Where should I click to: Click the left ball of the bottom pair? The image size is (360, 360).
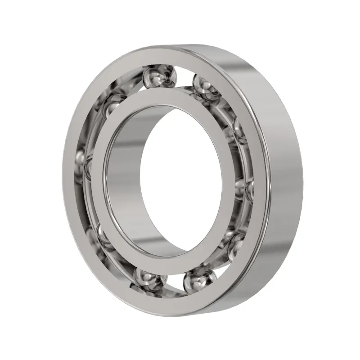point(148,279)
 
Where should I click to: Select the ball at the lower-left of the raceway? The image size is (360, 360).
point(101,234)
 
